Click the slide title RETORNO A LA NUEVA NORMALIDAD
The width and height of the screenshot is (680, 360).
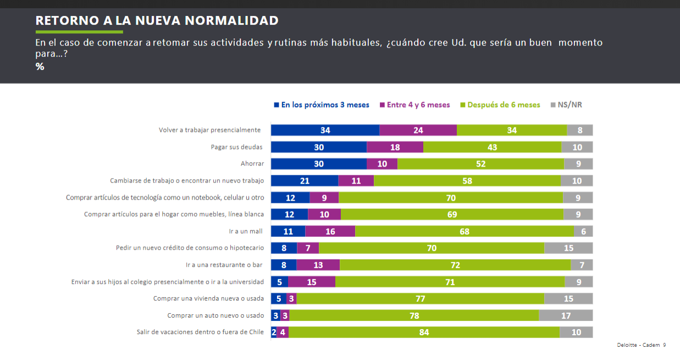(157, 21)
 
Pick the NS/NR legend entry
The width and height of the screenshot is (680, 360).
(566, 105)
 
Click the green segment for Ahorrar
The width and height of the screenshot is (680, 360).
(480, 164)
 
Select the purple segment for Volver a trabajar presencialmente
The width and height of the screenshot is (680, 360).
(418, 130)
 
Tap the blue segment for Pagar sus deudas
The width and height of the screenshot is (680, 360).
(319, 147)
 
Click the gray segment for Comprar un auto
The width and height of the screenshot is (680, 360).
(566, 315)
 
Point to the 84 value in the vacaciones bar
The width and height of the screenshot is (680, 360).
(424, 332)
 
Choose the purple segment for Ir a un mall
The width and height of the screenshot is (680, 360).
(330, 231)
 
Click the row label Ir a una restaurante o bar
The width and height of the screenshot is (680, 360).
(224, 265)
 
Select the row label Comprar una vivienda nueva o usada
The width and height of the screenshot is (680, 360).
(208, 298)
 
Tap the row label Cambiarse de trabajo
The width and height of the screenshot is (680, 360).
(187, 180)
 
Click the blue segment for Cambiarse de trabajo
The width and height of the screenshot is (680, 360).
(305, 181)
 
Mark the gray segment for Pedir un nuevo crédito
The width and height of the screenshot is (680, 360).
(568, 248)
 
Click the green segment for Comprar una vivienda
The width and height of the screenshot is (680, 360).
(421, 298)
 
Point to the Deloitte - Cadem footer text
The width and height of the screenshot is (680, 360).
(641, 345)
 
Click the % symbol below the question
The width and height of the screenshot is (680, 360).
(40, 67)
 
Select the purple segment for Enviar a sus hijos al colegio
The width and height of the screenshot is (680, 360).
(312, 282)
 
